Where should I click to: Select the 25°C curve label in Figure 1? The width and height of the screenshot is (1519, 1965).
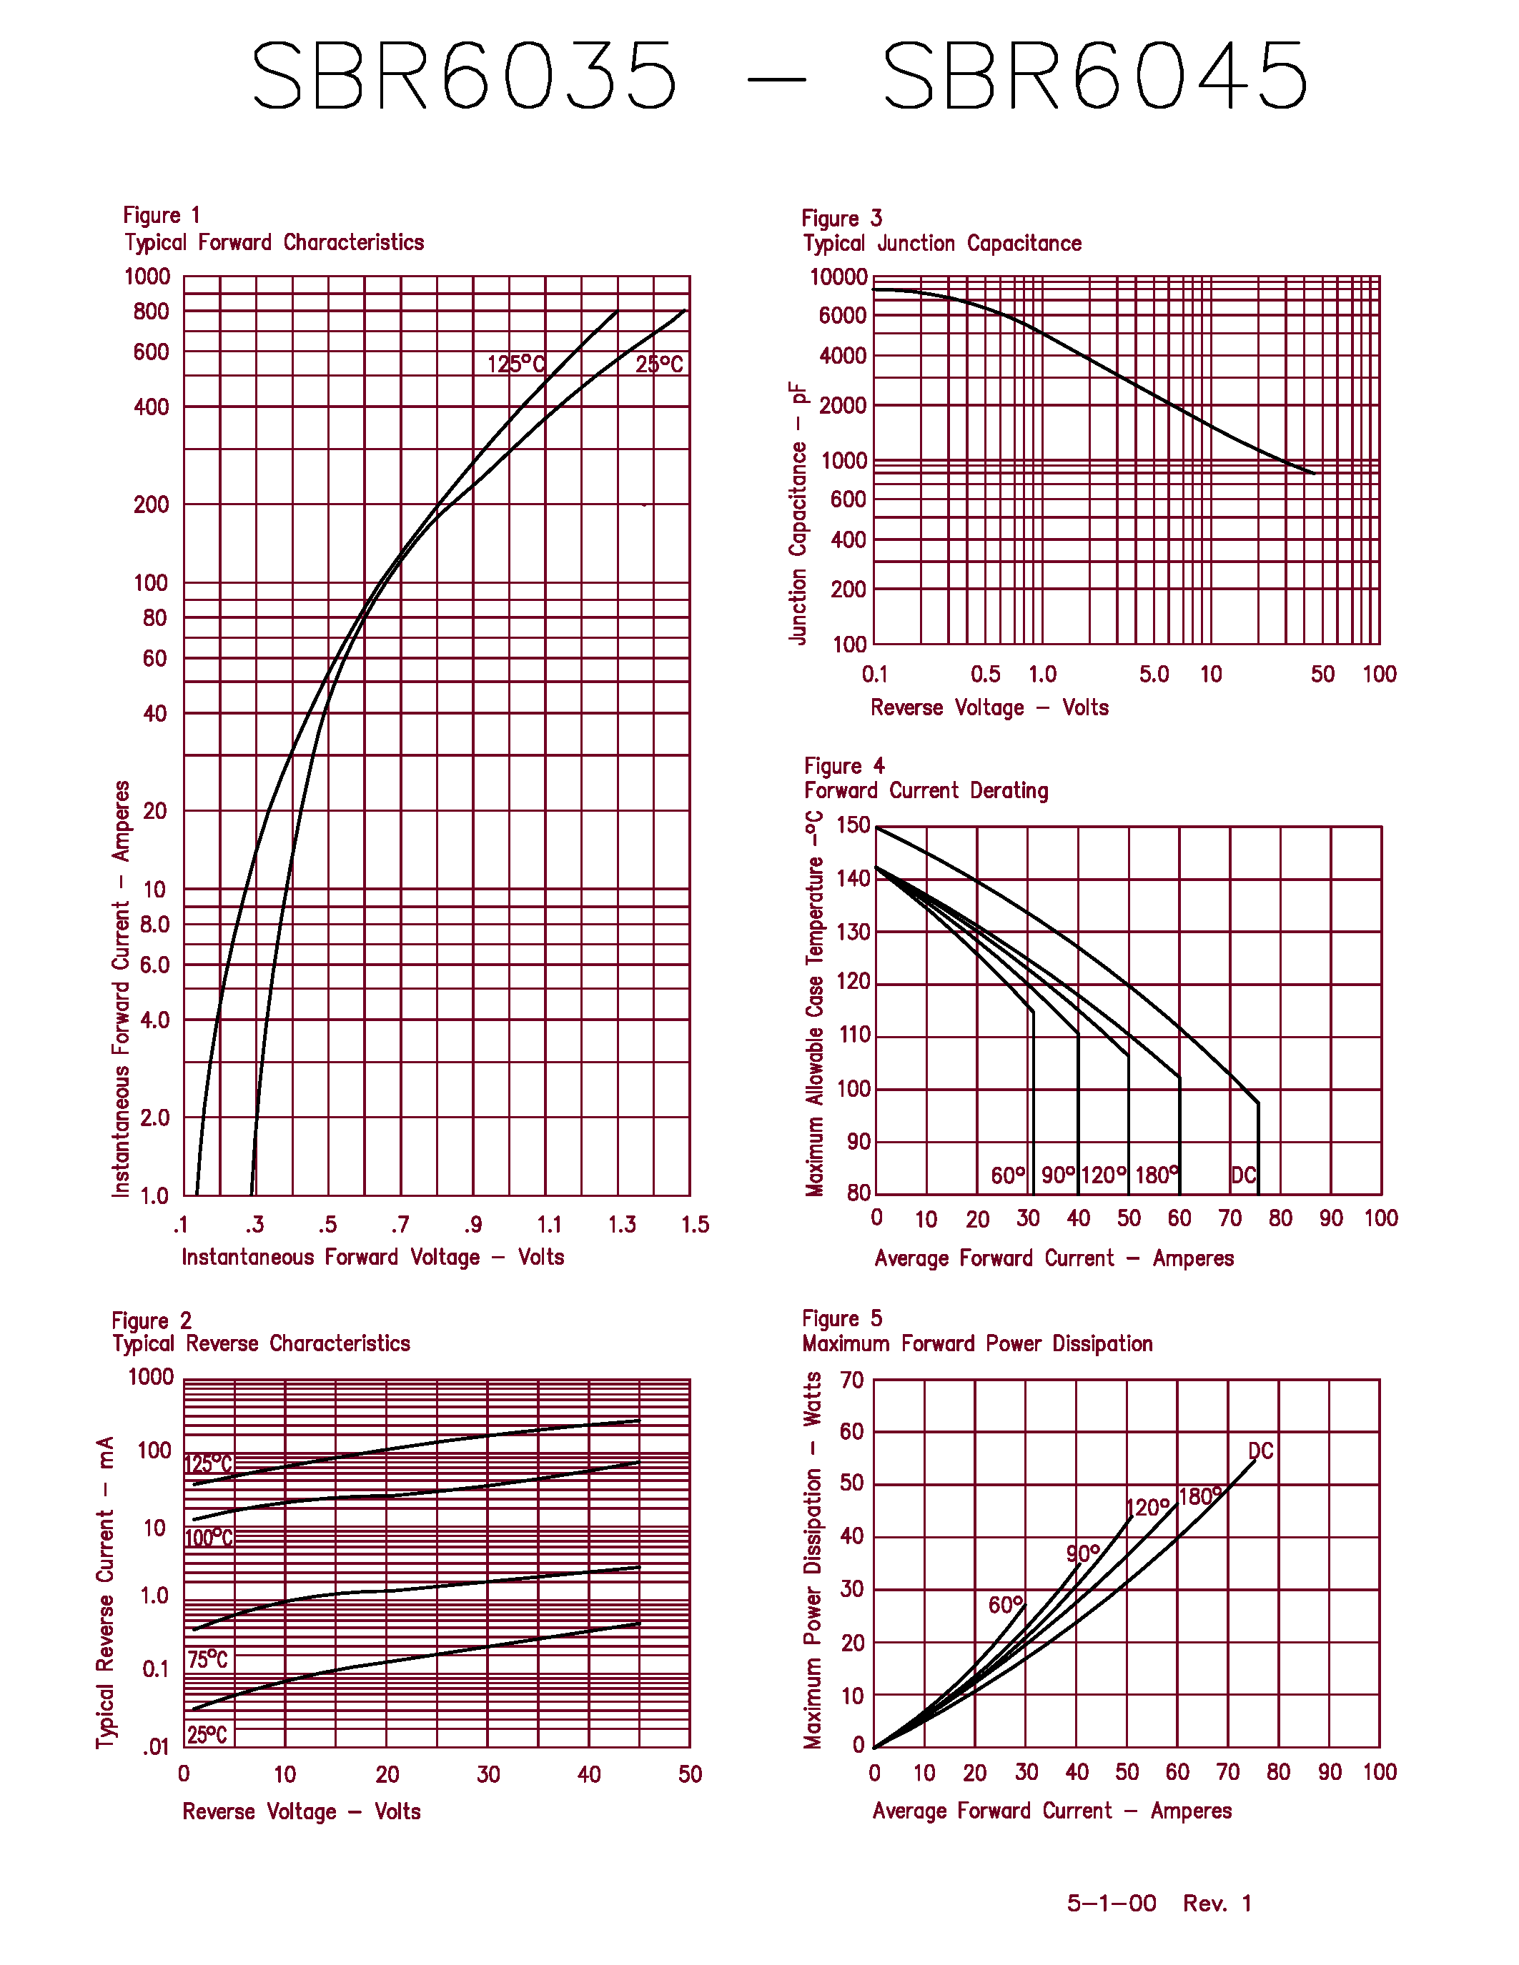pyautogui.click(x=660, y=364)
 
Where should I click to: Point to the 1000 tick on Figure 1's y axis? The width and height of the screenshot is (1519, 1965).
pyautogui.click(x=147, y=277)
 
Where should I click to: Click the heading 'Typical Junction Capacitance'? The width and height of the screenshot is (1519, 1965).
pyautogui.click(x=942, y=243)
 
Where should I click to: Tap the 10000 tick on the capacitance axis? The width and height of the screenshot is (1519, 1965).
pyautogui.click(x=838, y=277)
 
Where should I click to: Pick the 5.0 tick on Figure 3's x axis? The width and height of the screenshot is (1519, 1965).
pyautogui.click(x=1154, y=674)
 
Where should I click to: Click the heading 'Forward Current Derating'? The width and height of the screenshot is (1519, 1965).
pyautogui.click(x=926, y=790)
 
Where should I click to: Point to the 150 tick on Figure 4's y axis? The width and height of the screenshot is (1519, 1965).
pyautogui.click(x=853, y=825)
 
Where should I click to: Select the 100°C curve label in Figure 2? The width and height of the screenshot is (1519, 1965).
pyautogui.click(x=209, y=1538)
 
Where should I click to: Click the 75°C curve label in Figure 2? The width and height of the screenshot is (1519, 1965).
pyautogui.click(x=208, y=1659)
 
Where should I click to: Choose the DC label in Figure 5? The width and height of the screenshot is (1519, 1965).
pyautogui.click(x=1261, y=1451)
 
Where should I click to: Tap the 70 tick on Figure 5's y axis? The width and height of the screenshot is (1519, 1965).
pyautogui.click(x=851, y=1381)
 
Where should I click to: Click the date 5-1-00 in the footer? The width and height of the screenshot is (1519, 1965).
pyautogui.click(x=1112, y=1903)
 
